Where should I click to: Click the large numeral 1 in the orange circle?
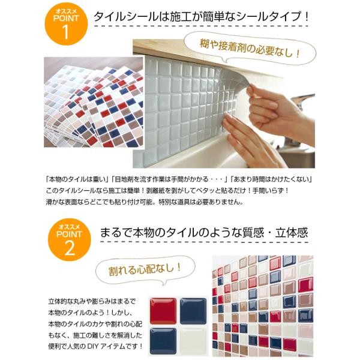coord(66,32)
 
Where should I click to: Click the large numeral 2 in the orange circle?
coord(70,248)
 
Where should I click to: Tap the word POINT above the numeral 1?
coord(66,19)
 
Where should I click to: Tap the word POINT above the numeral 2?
coord(69,234)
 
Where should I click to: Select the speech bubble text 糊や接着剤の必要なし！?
coord(250,49)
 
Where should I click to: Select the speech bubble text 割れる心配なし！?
coord(145,269)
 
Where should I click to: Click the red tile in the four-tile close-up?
coord(163,311)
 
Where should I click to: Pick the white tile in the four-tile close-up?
coord(193,341)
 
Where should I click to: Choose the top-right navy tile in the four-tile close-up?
coord(193,311)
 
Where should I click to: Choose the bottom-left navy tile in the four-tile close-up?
coord(163,341)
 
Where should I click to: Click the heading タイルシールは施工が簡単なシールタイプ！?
coord(202,17)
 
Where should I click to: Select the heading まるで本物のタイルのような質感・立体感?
coord(204,232)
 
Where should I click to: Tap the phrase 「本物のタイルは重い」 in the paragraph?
coord(77,179)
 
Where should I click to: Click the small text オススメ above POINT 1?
coord(66,11)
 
